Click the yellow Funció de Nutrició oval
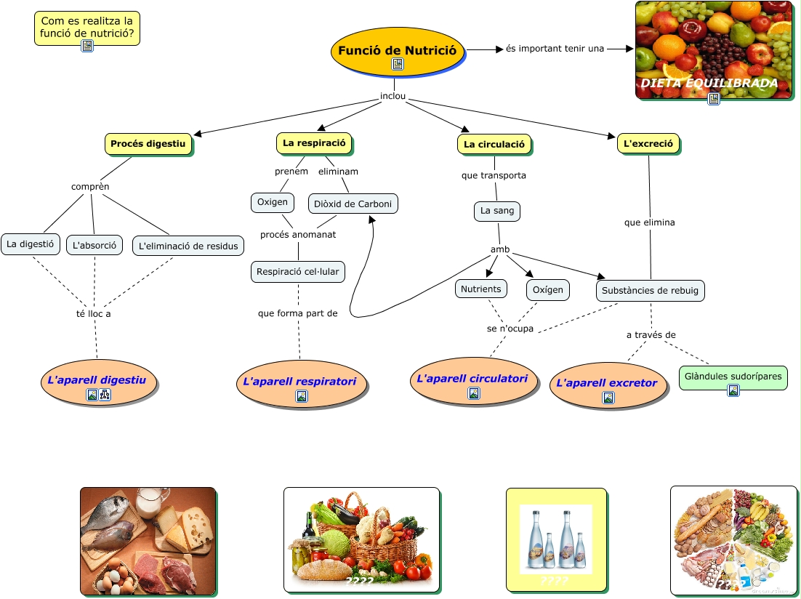[397, 51]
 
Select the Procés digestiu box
[148, 144]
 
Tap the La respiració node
[314, 143]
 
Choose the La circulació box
[494, 144]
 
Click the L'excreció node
[648, 143]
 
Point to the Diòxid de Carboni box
[353, 204]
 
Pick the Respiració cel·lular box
[298, 272]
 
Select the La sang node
[497, 211]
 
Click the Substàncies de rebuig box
[651, 291]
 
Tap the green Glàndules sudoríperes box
[733, 377]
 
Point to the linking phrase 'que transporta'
[494, 175]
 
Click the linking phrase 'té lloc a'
[93, 314]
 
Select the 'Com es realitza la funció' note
[86, 28]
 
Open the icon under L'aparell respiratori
[302, 396]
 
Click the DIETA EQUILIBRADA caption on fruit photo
[709, 83]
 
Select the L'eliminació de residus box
[188, 246]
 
